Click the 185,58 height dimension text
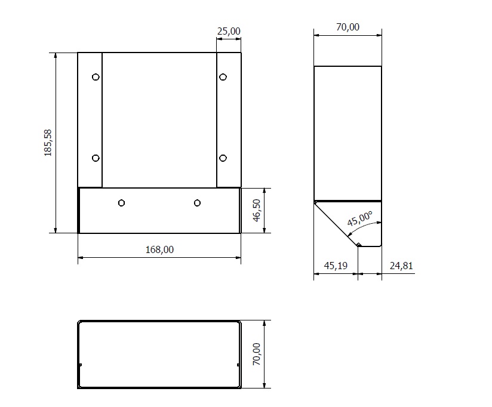point(48,143)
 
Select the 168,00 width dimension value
point(159,249)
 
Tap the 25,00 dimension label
point(229,31)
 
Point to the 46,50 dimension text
point(257,211)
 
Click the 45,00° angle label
point(360,218)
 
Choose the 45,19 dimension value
point(336,266)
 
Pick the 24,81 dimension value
point(401,266)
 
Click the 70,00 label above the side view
point(348,27)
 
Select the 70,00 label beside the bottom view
point(257,354)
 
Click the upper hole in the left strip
point(96,77)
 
